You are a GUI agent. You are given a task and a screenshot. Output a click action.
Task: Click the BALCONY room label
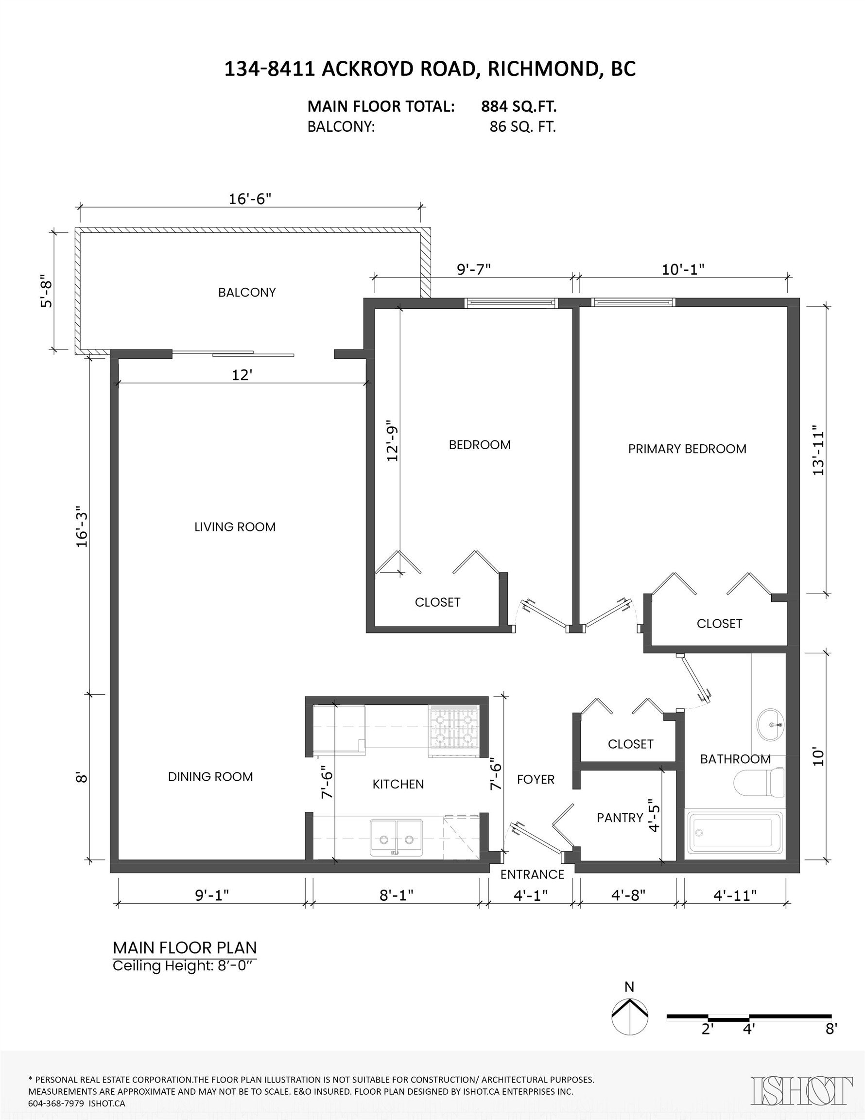pos(247,292)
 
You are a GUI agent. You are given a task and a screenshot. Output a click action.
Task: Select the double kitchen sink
pos(397,839)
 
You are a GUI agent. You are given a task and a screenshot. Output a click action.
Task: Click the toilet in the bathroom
pos(760,784)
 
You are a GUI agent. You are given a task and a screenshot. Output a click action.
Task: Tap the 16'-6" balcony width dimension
pos(249,199)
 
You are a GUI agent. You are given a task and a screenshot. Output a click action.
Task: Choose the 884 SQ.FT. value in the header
pos(519,106)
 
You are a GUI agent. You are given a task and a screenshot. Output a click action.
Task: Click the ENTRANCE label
pos(532,875)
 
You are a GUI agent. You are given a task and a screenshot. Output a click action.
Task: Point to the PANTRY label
pos(620,818)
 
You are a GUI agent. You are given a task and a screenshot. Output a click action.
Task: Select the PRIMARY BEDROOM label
pos(687,449)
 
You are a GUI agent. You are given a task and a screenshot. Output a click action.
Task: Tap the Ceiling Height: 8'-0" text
pos(184,965)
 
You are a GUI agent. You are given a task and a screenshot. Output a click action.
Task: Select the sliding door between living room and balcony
pos(233,353)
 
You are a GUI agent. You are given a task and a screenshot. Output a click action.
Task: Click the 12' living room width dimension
pos(242,375)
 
